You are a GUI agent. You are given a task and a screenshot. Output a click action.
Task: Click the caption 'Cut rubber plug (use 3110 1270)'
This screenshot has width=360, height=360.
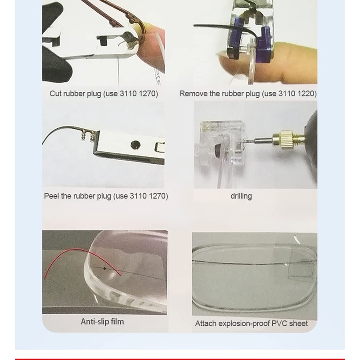coord(103,94)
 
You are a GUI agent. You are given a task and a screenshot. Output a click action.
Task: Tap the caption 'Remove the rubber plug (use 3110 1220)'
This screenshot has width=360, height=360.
coord(248,94)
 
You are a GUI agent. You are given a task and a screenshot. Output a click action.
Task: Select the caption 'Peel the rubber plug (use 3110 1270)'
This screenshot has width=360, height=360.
coord(106,196)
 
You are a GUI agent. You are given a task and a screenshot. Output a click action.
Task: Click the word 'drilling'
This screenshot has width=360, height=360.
coord(241,196)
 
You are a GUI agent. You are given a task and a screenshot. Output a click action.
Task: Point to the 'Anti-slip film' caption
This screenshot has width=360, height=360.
coord(102,321)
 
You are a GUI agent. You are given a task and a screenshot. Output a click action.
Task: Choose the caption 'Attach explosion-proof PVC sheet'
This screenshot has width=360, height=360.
coord(251,323)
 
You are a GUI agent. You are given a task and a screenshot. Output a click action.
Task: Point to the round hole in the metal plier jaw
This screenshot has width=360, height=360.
coord(135,144)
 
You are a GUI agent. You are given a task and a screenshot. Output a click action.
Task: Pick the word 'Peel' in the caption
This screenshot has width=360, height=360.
coord(52,196)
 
